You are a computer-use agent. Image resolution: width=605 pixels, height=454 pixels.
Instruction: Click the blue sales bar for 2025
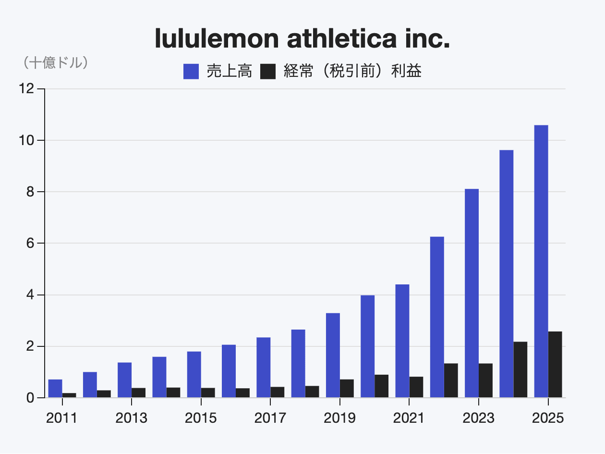pos(541,261)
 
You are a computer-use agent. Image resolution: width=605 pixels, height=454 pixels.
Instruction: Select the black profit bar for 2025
pos(555,365)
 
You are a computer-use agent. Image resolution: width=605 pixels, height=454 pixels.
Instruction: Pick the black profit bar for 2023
pos(485,380)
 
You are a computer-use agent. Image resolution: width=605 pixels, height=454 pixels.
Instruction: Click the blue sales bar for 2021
pos(402,341)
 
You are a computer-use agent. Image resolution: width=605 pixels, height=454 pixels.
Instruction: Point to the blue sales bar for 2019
pos(333,356)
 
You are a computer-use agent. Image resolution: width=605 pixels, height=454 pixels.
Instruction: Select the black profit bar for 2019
pos(347,389)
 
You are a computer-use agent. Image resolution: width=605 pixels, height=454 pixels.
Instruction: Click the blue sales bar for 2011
pos(55,389)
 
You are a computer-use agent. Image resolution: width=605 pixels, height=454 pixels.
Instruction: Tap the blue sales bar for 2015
pos(194,375)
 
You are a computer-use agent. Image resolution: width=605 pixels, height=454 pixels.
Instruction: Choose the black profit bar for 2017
pos(278,393)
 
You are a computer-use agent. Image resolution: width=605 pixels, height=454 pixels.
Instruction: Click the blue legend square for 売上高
pos(191,72)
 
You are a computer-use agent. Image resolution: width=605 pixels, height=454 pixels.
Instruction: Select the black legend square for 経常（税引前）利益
pos(268,72)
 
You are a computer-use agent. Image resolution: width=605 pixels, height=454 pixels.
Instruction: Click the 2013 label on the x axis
pos(131,418)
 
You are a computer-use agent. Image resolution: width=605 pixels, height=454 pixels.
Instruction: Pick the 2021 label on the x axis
pos(409,418)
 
